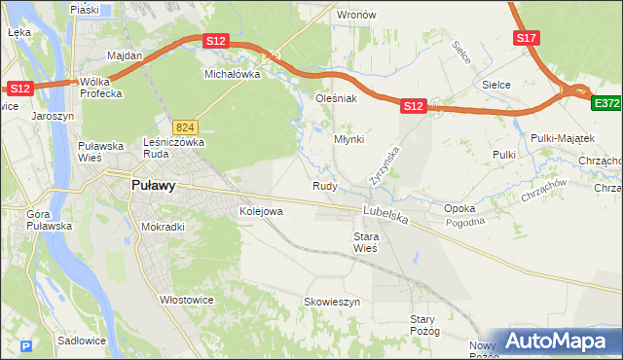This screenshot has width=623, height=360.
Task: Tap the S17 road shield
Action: (x=526, y=38)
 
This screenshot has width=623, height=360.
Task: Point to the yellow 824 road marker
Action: (x=186, y=127)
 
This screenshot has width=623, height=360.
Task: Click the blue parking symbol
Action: (x=26, y=345)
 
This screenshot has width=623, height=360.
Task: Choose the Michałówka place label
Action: (x=232, y=74)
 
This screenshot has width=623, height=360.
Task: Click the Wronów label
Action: (x=356, y=16)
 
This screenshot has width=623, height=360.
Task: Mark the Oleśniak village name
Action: (x=337, y=98)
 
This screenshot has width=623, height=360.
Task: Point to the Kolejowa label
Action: (x=261, y=210)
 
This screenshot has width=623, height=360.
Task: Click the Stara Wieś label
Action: (x=364, y=242)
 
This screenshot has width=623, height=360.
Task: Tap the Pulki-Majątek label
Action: (x=556, y=138)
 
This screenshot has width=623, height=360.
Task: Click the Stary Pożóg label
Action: (x=425, y=325)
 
